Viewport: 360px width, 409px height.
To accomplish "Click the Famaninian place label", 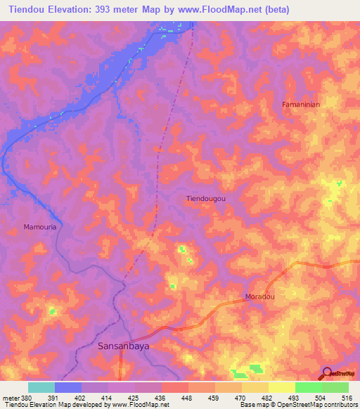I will pyautogui.click(x=301, y=105).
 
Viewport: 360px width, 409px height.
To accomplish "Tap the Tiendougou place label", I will pyautogui.click(x=206, y=199).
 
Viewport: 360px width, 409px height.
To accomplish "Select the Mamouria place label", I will pyautogui.click(x=39, y=227).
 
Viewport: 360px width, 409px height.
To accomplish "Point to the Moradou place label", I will pyautogui.click(x=259, y=297).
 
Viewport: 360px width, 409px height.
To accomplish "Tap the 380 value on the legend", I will pyautogui.click(x=22, y=397).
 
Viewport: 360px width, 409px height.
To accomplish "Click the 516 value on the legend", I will pyautogui.click(x=347, y=397).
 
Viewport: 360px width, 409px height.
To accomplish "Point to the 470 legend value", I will pyautogui.click(x=240, y=397).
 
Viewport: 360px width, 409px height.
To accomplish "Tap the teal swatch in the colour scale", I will pyautogui.click(x=41, y=387).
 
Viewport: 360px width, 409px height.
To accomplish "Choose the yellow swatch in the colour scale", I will pyautogui.click(x=281, y=387).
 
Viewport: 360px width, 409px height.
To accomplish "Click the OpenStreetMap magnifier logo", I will pyautogui.click(x=326, y=372).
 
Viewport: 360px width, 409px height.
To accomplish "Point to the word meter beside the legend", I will pyautogui.click(x=8, y=397).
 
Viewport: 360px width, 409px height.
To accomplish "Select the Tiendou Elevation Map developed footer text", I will pyautogui.click(x=53, y=405).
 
